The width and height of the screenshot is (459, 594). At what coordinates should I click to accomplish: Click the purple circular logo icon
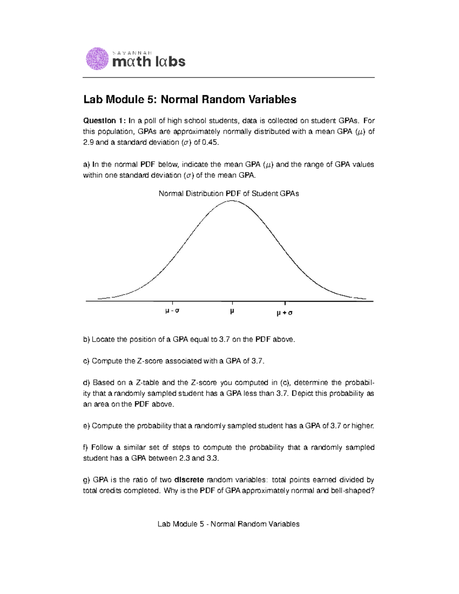pyautogui.click(x=98, y=59)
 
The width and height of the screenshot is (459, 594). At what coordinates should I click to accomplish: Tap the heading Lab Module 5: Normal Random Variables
pyautogui.click(x=190, y=100)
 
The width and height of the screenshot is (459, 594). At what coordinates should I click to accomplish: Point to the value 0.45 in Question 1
pyautogui.click(x=212, y=143)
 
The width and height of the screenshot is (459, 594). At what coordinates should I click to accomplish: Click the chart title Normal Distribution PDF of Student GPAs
pyautogui.click(x=229, y=194)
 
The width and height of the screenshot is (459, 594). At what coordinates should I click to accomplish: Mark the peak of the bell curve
pyautogui.click(x=232, y=200)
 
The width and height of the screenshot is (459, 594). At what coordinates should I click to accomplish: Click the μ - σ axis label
pyautogui.click(x=172, y=311)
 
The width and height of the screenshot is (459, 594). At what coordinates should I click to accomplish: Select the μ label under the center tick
pyautogui.click(x=232, y=311)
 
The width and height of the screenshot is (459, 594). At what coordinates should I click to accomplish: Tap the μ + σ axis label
pyautogui.click(x=284, y=313)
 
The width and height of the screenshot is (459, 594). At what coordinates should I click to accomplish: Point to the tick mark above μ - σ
pyautogui.click(x=173, y=303)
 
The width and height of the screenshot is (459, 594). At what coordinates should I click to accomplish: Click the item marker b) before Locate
pyautogui.click(x=86, y=339)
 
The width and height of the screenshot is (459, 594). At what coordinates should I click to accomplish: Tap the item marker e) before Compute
pyautogui.click(x=86, y=426)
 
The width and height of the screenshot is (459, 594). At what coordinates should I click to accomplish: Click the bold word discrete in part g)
pyautogui.click(x=189, y=480)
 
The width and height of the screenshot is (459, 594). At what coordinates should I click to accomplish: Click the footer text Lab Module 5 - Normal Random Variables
pyautogui.click(x=228, y=524)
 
